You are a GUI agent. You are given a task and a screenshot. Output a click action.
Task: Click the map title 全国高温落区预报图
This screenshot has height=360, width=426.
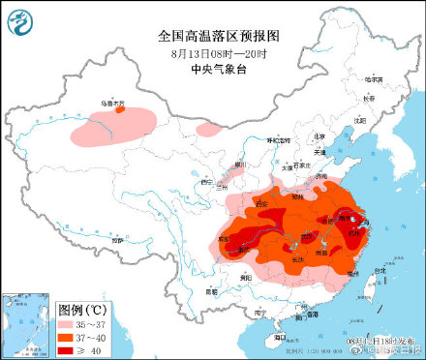pos(212,35)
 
